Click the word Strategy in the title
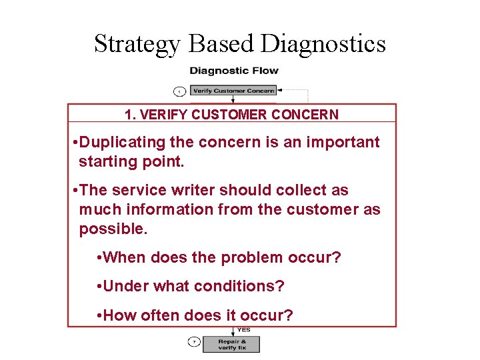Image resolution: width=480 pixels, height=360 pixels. tap(137, 44)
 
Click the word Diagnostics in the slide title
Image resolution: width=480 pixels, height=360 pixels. tap(323, 44)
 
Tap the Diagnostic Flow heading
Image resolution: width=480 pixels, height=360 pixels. tap(234, 71)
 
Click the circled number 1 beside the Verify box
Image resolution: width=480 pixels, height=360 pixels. tap(179, 91)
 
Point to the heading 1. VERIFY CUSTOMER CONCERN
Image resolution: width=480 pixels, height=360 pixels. tap(231, 115)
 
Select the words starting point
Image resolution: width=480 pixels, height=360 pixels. tap(131, 161)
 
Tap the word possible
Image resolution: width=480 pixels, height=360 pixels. tap(113, 229)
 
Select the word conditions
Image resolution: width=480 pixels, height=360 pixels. tap(239, 286)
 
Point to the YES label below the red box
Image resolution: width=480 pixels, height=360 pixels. tap(245, 330)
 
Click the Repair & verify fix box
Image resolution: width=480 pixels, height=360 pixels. tap(233, 343)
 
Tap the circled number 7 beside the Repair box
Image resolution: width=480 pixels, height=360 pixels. tap(193, 343)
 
